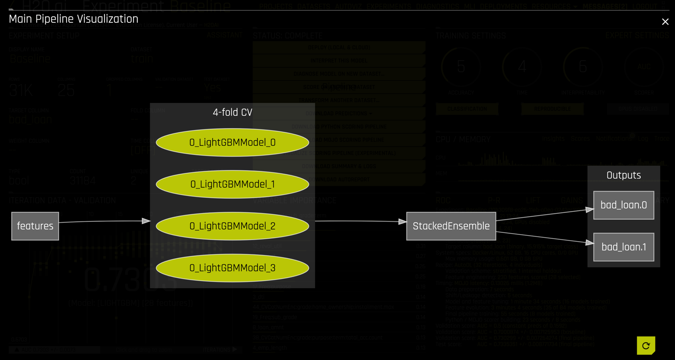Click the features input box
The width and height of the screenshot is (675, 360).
click(x=35, y=226)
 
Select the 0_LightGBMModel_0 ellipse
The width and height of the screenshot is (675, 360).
click(x=232, y=143)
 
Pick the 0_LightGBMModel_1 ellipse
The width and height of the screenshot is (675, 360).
click(x=232, y=184)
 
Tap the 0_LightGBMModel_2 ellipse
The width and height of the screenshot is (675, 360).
click(x=232, y=226)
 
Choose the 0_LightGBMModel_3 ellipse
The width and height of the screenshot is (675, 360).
click(x=232, y=268)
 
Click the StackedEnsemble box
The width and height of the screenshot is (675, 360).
click(x=451, y=226)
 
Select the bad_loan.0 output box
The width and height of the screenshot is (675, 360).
click(x=623, y=205)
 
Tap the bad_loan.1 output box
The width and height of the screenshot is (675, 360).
click(x=623, y=247)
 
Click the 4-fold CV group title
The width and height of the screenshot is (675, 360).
click(x=232, y=113)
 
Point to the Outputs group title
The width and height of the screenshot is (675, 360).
click(x=623, y=175)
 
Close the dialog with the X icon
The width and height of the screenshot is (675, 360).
click(x=665, y=22)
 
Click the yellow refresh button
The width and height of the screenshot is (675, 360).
click(x=646, y=346)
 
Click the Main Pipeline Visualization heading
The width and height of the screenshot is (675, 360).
click(x=74, y=19)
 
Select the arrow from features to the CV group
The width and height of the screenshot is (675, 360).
click(x=104, y=221)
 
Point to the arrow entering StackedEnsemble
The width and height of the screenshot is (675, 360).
click(x=360, y=221)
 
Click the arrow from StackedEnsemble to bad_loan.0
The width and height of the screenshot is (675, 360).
click(x=544, y=214)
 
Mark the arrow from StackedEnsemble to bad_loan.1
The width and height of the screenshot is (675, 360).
click(x=544, y=237)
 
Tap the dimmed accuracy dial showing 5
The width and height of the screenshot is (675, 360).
click(x=461, y=67)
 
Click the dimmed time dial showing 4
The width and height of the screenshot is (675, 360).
click(x=522, y=67)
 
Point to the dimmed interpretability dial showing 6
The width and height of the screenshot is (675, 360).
click(x=583, y=67)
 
